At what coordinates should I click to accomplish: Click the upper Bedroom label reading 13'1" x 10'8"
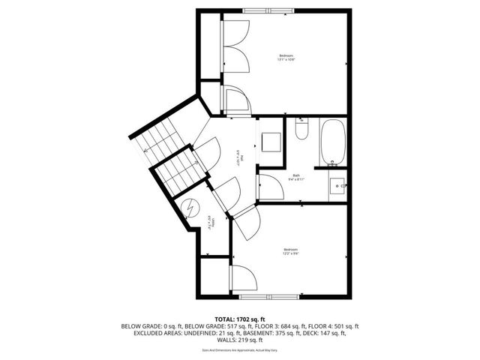(286, 58)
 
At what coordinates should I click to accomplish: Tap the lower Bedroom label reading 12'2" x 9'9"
(290, 251)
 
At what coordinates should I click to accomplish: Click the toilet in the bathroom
(301, 130)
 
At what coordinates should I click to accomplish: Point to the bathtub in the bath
(333, 142)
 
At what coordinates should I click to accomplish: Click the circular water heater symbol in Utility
(192, 205)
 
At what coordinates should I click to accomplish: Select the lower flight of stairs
(180, 171)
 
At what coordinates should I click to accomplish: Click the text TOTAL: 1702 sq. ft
(239, 319)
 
